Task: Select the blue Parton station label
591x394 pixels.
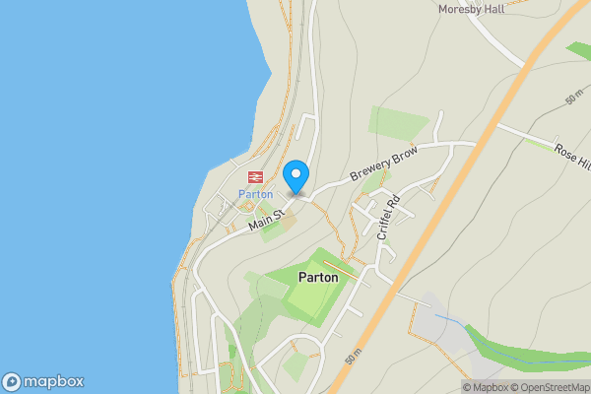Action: tap(254, 194)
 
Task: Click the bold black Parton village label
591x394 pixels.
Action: tap(317, 278)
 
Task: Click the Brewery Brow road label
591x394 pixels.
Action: tap(385, 165)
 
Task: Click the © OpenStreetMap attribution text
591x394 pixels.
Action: tap(549, 387)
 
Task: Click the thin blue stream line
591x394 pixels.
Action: tap(450, 320)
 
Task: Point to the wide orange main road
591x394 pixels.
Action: tap(463, 177)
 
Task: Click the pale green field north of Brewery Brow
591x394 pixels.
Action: tap(399, 122)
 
